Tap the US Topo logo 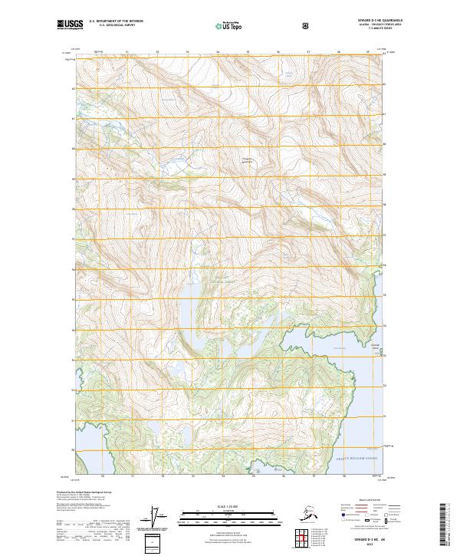point(230,25)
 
